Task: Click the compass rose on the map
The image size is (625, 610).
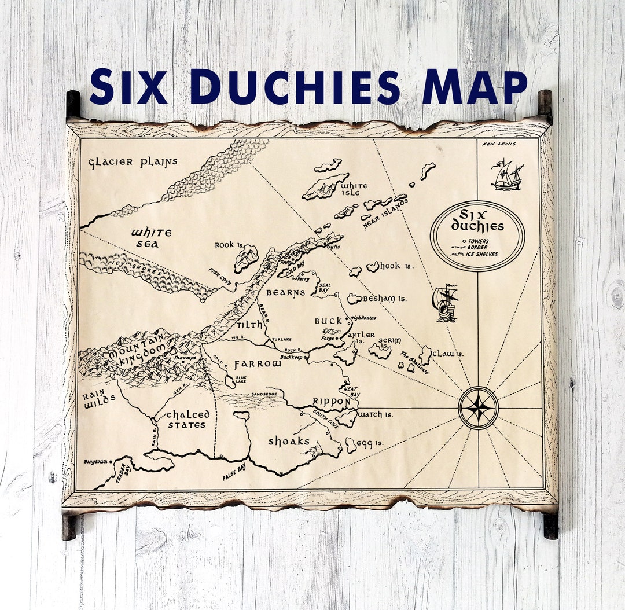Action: (478, 407)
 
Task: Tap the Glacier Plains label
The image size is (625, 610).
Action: (133, 162)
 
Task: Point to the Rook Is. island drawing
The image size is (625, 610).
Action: (247, 258)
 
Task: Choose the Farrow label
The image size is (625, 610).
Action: (258, 365)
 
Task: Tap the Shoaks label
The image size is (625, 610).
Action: (289, 441)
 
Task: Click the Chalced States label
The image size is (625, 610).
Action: (186, 420)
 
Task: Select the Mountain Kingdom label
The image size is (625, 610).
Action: (134, 354)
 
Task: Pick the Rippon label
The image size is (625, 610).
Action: (331, 402)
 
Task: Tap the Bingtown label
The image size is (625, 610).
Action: (95, 461)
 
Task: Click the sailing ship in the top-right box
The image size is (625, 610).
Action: (507, 175)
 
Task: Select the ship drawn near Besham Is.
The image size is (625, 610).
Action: (445, 303)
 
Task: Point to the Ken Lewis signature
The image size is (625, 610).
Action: (501, 144)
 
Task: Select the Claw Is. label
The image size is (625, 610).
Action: (448, 354)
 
